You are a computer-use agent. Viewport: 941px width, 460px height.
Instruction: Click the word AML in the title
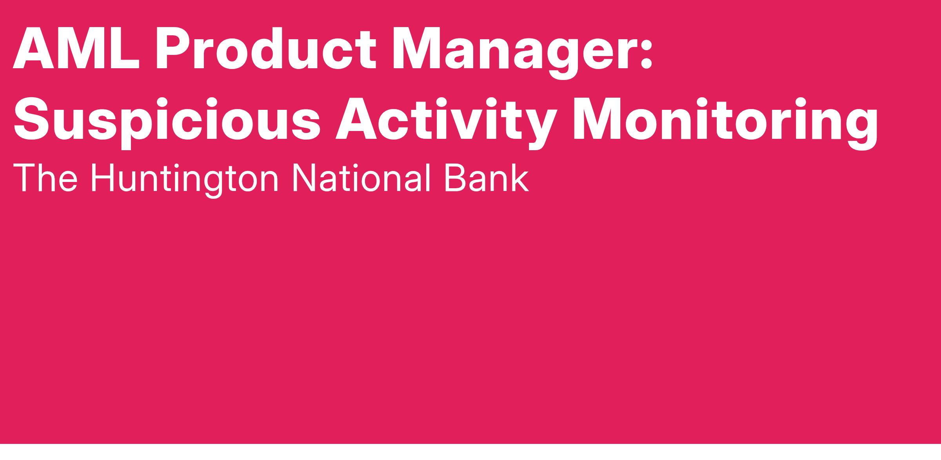click(x=76, y=48)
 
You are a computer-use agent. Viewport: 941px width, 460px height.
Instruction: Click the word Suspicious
click(x=167, y=120)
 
